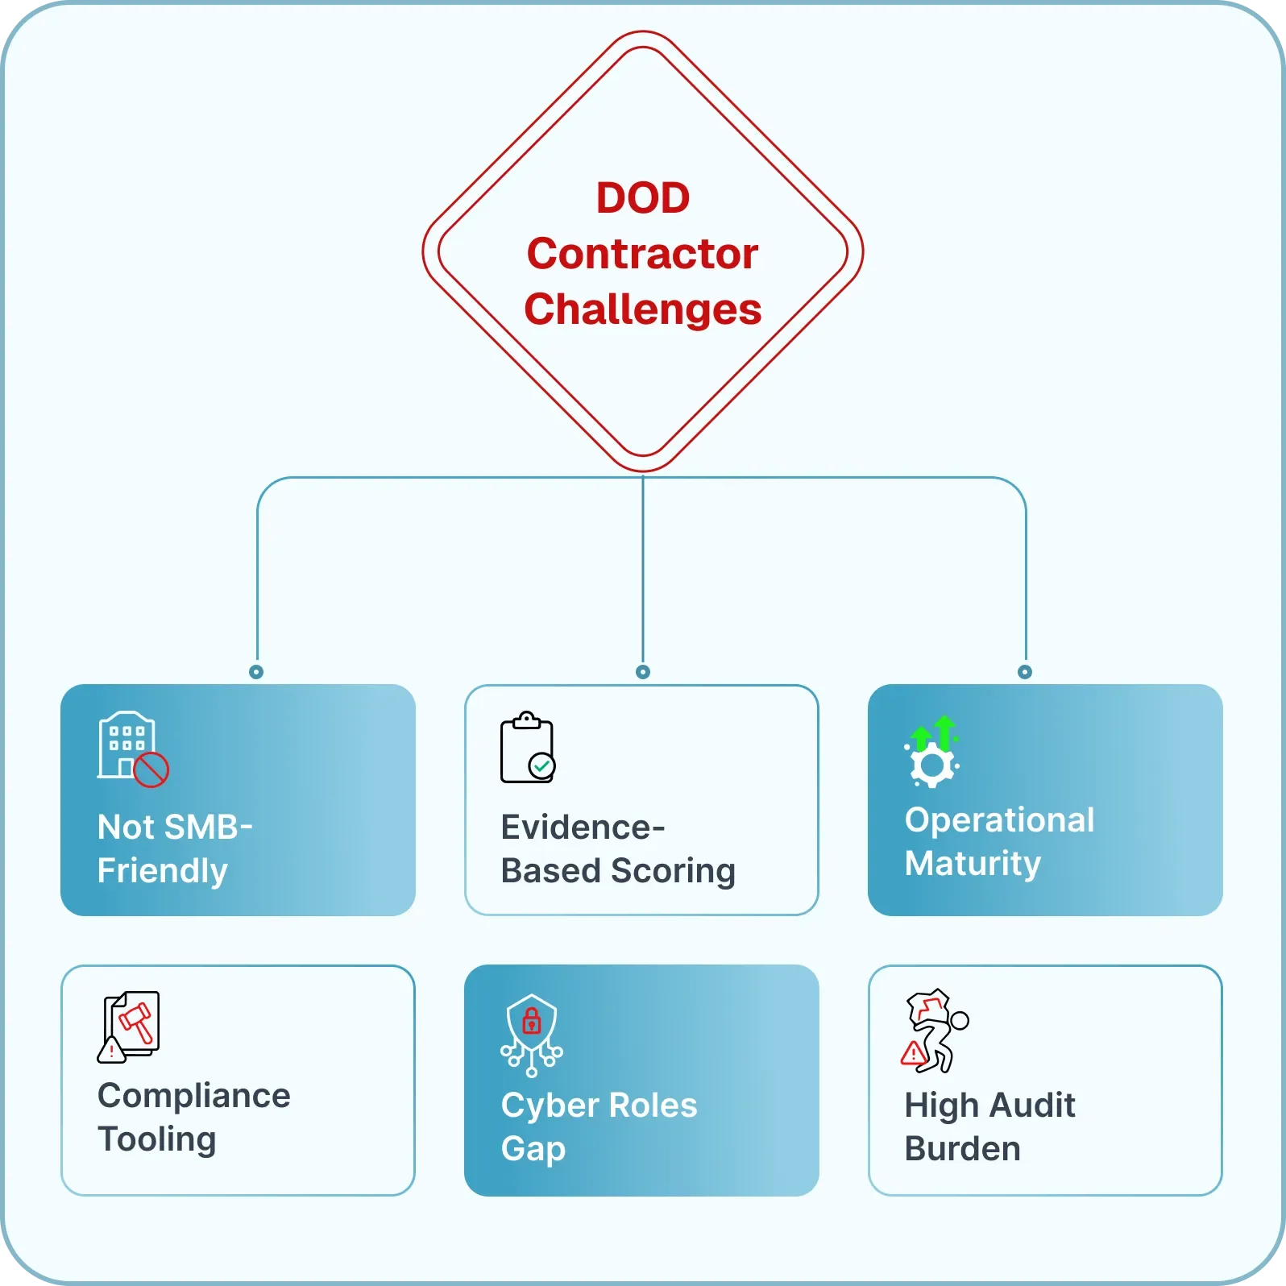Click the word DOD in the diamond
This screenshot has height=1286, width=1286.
[x=643, y=198]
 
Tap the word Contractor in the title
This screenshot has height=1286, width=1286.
[x=642, y=254]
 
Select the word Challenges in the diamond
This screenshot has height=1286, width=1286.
[x=642, y=309]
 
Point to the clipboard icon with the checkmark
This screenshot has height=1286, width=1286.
[x=528, y=748]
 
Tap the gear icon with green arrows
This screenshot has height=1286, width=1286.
[x=933, y=753]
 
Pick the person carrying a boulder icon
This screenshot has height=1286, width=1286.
[x=935, y=1031]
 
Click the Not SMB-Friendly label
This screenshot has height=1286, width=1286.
[x=175, y=848]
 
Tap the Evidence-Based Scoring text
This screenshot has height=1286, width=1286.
[x=617, y=848]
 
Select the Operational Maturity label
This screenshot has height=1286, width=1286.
[x=999, y=841]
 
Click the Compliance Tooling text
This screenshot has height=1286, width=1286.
[x=193, y=1117]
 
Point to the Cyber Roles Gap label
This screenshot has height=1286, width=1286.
[x=599, y=1126]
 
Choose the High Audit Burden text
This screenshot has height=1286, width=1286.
[x=989, y=1126]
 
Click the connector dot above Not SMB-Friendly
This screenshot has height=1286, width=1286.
[x=256, y=672]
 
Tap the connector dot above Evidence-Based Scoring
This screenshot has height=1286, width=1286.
[x=643, y=672]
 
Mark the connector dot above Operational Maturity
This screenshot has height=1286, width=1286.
[x=1025, y=672]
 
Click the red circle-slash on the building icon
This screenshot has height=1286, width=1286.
[x=151, y=770]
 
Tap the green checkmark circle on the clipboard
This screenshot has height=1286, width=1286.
[x=541, y=765]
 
